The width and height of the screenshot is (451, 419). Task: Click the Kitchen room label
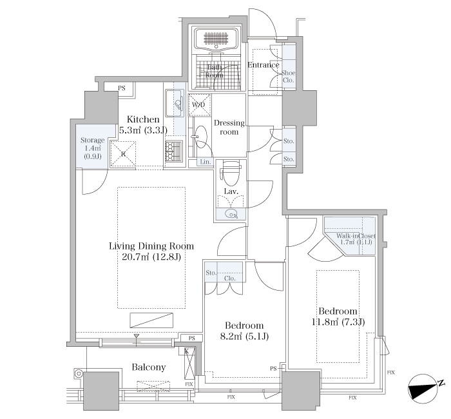(x=143, y=119)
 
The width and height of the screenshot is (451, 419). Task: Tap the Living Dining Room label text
(x=151, y=246)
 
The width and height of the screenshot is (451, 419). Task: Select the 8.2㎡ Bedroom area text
(x=244, y=336)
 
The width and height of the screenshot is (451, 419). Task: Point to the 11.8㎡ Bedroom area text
(x=338, y=322)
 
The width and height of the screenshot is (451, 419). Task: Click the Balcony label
(x=149, y=367)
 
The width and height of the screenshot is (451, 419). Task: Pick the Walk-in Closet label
(x=356, y=236)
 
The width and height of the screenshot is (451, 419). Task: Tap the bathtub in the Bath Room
(x=216, y=39)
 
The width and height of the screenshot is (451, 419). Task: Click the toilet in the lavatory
(x=231, y=174)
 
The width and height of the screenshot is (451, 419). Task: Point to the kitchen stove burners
(x=174, y=151)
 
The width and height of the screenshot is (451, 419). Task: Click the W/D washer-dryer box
(x=199, y=104)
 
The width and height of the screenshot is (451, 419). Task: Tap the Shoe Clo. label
(x=288, y=77)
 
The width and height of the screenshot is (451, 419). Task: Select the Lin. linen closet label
(x=206, y=162)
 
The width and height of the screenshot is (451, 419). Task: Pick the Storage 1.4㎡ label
(x=92, y=148)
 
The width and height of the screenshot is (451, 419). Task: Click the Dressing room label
(x=229, y=128)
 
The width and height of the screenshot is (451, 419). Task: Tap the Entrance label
(x=264, y=65)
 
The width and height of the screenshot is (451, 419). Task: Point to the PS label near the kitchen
(x=122, y=88)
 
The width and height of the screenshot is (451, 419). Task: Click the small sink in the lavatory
(x=231, y=214)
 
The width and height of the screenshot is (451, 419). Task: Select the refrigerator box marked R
(x=124, y=154)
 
